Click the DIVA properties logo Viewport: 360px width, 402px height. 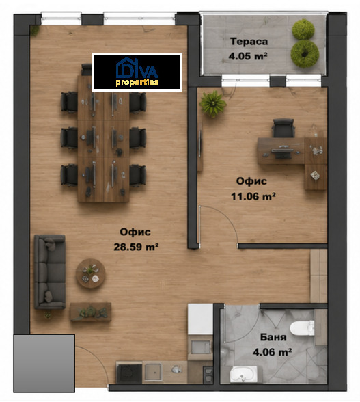[137, 72]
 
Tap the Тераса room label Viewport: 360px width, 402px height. [249, 42]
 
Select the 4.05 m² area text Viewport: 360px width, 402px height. [248, 56]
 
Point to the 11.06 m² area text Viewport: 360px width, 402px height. [253, 196]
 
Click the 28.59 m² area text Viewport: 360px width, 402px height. [136, 247]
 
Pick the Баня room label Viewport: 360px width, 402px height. [273, 337]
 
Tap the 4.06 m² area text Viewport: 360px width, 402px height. [273, 352]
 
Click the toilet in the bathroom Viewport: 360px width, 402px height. [303, 328]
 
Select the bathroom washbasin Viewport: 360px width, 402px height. [243, 374]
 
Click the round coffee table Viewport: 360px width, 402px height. [90, 273]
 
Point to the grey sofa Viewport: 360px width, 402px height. [50, 272]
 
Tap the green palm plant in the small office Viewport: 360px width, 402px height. [212, 104]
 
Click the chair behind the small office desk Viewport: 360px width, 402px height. [283, 129]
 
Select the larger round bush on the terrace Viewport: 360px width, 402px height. [305, 53]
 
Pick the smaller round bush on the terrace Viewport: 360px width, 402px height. [303, 29]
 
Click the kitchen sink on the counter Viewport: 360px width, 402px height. [153, 372]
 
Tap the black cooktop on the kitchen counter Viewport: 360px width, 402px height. [129, 373]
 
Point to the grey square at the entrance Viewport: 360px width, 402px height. [44, 363]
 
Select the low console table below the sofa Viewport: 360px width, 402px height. [90, 312]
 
